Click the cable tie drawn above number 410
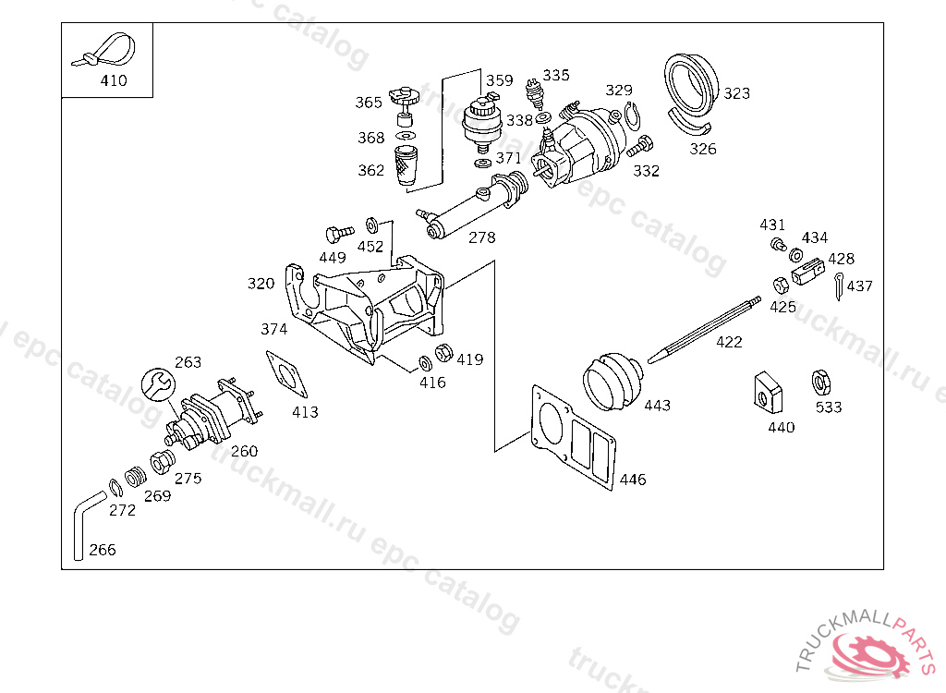(103, 50)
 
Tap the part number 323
(736, 93)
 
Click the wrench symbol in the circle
(158, 385)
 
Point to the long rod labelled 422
(704, 330)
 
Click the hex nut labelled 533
(820, 383)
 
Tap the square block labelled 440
(768, 393)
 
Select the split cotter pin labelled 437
(839, 286)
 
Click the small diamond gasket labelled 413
(286, 374)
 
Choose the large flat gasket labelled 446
(573, 437)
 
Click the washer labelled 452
(372, 225)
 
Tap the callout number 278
(482, 237)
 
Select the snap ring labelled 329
(632, 116)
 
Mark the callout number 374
(273, 329)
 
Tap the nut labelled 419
(444, 352)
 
